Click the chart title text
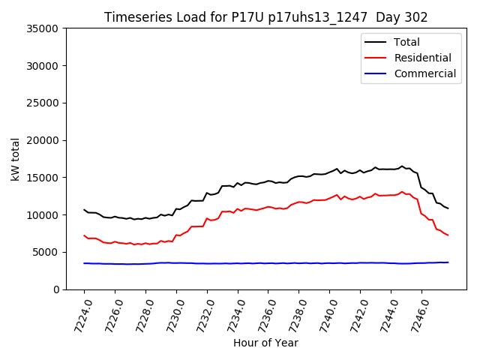click(x=265, y=17)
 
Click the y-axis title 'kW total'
click(x=16, y=158)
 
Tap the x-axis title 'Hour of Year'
click(x=265, y=343)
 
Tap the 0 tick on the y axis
click(x=56, y=289)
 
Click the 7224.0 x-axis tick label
click(x=78, y=313)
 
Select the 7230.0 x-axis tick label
click(x=170, y=313)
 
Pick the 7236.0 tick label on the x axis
click(x=262, y=313)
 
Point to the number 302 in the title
click(x=415, y=17)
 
